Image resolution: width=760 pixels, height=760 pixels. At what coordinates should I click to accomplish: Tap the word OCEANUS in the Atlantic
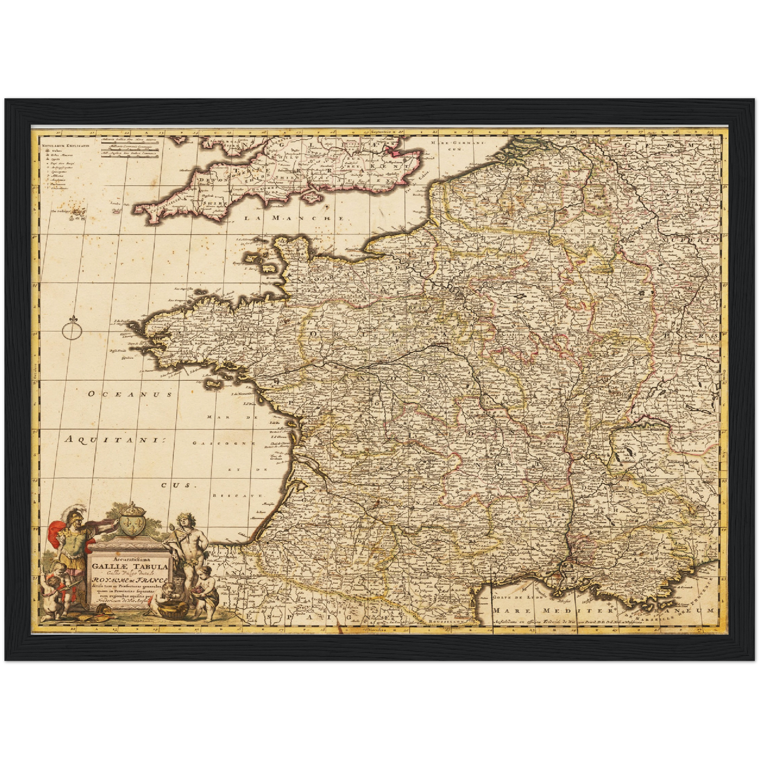pos(130,393)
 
